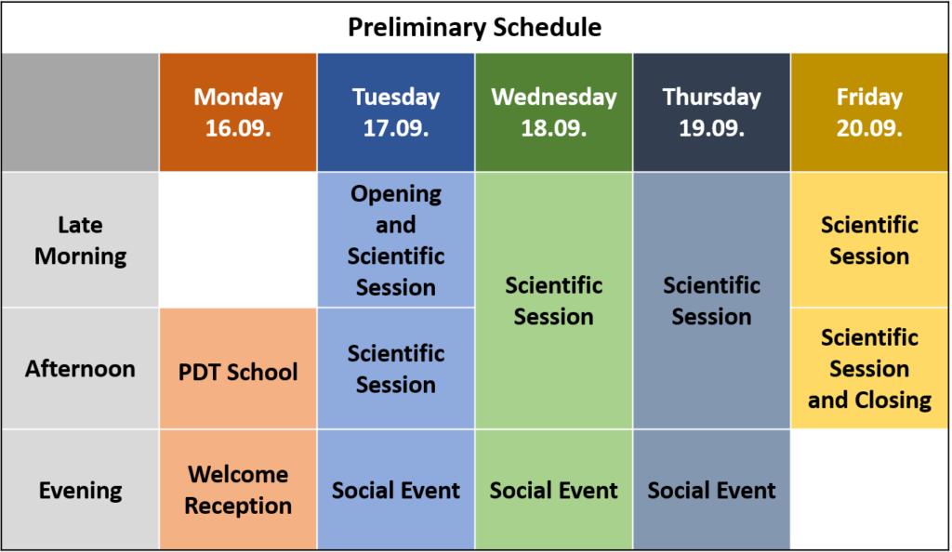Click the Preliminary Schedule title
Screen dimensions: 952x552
pos(474,27)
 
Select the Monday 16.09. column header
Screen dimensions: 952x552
pos(238,112)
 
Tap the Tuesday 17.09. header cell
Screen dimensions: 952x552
pos(396,112)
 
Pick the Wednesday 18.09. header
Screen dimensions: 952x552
pos(554,112)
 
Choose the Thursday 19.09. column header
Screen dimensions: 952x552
pos(711,112)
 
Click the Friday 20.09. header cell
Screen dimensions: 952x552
pos(869,112)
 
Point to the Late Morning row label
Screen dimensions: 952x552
pos(80,240)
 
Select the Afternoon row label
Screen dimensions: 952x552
pos(80,368)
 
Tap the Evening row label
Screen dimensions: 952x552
pos(80,490)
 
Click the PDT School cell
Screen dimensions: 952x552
pos(238,368)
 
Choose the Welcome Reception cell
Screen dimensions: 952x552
pos(238,490)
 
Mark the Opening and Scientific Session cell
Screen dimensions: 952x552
pos(396,240)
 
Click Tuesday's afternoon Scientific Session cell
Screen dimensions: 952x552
pos(396,368)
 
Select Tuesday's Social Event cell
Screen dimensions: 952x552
pos(396,490)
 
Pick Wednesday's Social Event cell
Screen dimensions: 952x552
pos(554,490)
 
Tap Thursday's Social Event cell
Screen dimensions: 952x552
pos(711,490)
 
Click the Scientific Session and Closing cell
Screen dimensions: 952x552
pos(869,368)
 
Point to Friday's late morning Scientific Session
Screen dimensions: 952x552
pos(869,240)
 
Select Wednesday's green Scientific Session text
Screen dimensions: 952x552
pos(554,301)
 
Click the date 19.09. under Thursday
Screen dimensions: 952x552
pos(711,128)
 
